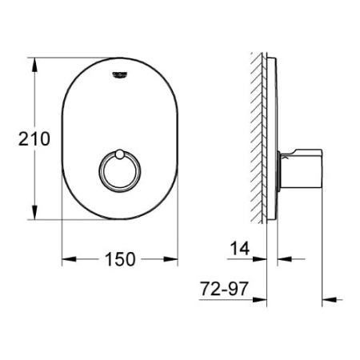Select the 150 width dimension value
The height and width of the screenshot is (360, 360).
[120, 259]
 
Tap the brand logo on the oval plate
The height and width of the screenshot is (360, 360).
[120, 74]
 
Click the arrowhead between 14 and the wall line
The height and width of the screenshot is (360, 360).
[261, 259]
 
